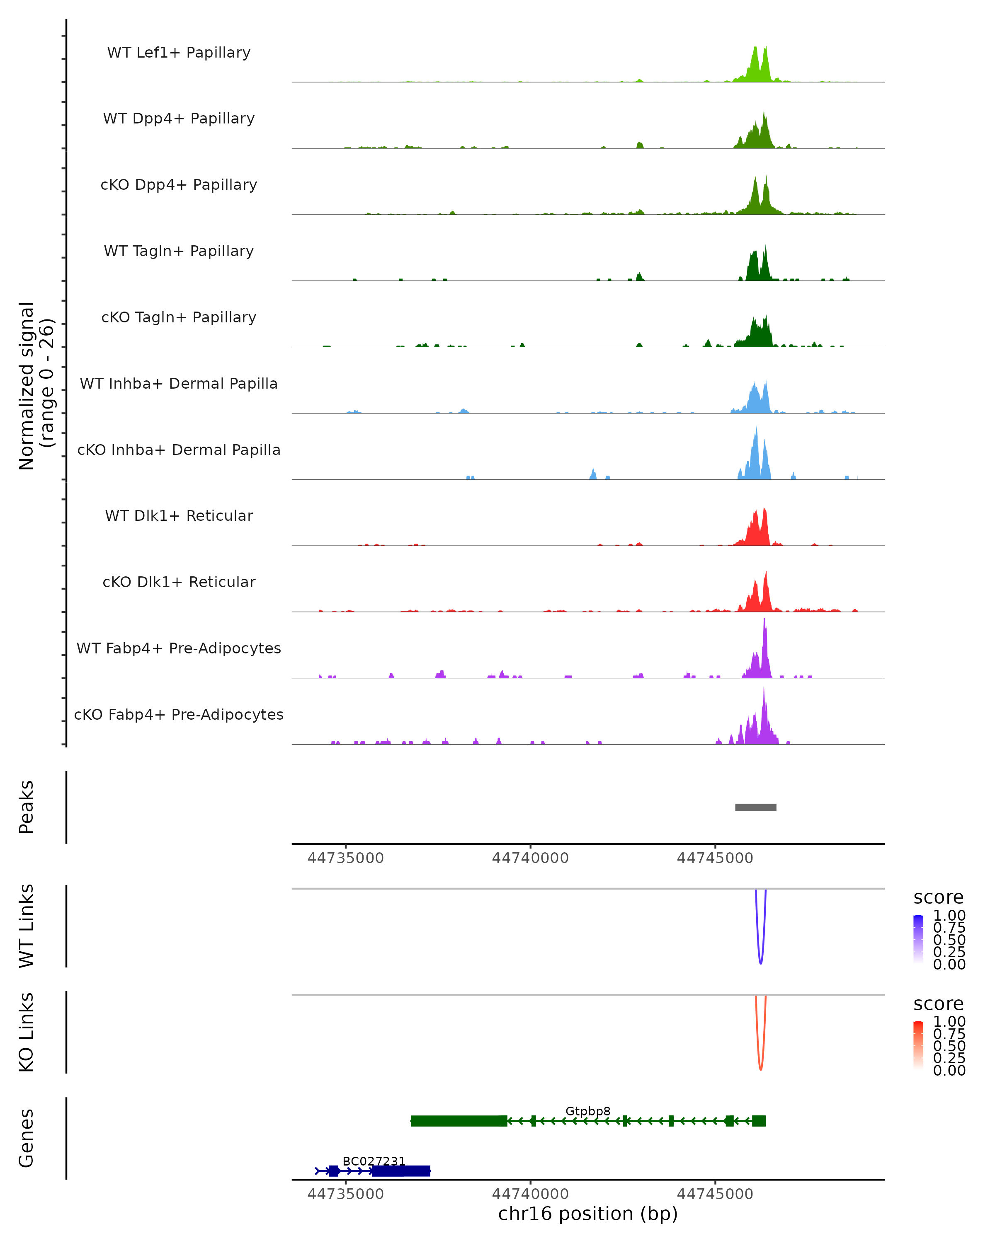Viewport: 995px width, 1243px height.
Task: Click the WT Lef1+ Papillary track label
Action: click(179, 53)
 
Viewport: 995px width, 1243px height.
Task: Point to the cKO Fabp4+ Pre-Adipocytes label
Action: click(179, 714)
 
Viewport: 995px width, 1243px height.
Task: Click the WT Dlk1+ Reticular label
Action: click(179, 515)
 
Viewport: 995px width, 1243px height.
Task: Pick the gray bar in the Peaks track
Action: click(756, 807)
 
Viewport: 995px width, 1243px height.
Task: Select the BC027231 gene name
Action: click(374, 1161)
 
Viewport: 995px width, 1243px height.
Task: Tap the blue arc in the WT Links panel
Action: click(761, 962)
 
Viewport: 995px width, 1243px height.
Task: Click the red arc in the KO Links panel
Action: click(761, 1068)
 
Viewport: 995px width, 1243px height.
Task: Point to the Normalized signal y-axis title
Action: click(36, 386)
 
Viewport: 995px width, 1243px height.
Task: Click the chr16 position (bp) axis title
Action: click(588, 1214)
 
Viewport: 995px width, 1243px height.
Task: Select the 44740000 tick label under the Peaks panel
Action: click(530, 858)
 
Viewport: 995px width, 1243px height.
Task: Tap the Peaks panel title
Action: click(27, 807)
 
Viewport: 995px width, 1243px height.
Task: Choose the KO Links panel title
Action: click(27, 1032)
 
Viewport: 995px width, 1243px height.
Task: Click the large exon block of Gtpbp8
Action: click(459, 1121)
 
